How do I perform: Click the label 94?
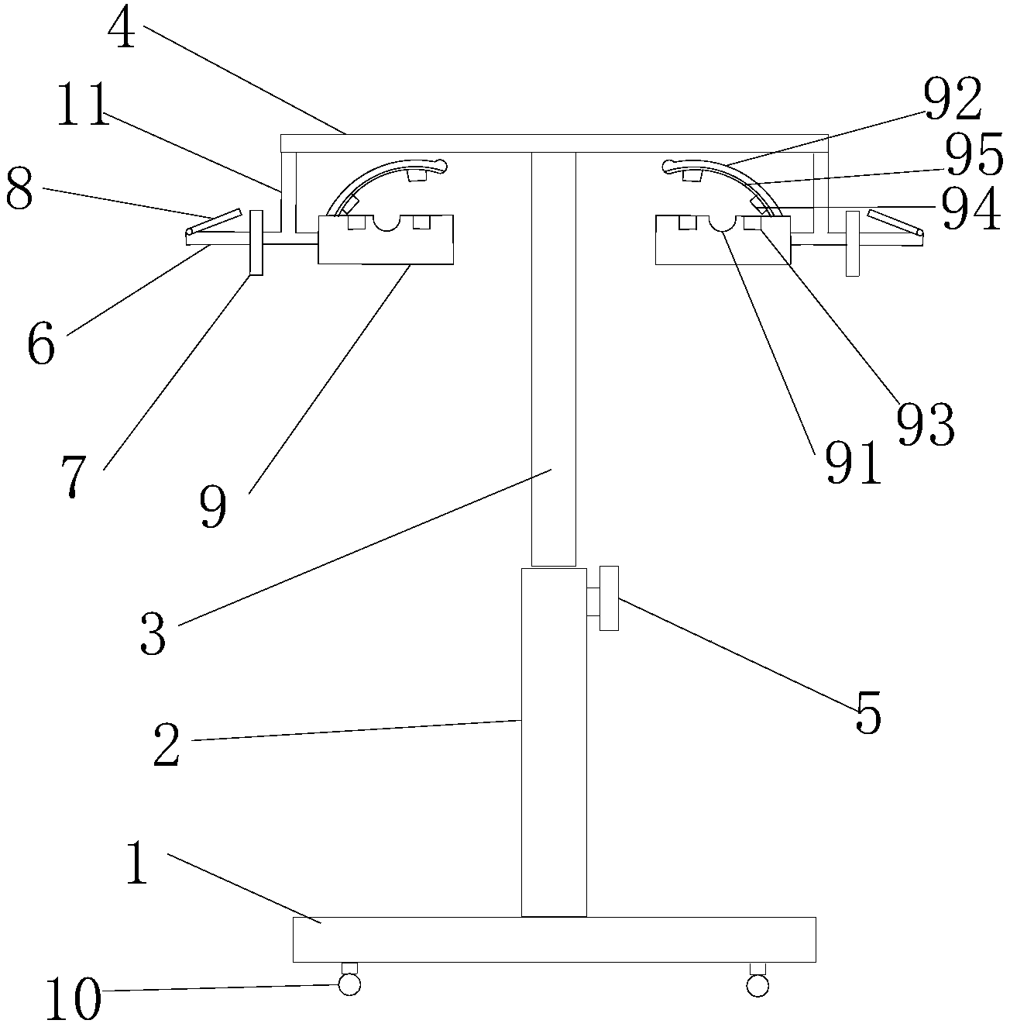coord(970,210)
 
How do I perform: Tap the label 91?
coord(853,463)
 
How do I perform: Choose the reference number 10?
coord(74,1001)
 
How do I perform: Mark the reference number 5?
coord(867,717)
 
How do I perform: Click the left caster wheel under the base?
coord(349,984)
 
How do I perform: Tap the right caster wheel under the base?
coord(757,984)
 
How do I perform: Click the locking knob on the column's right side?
coord(609,598)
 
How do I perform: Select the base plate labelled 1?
coord(554,939)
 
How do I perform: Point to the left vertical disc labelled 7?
coord(256,241)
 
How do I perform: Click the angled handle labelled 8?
coord(213,222)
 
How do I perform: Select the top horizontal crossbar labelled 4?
coord(554,143)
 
